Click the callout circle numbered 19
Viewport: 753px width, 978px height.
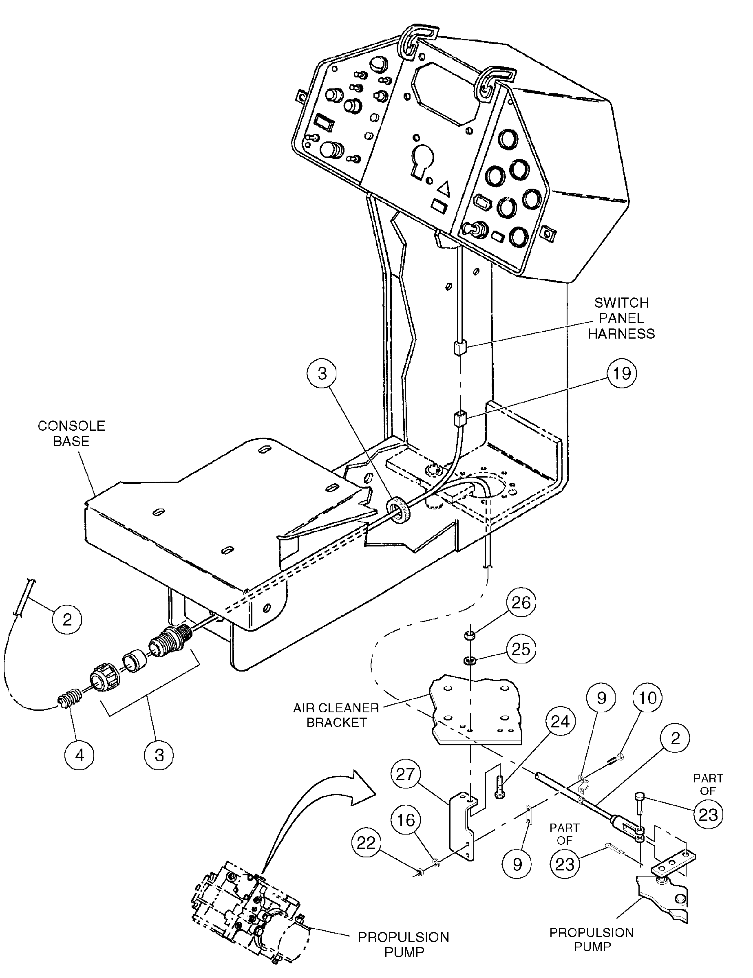click(621, 373)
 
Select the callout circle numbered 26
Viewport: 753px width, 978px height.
click(521, 603)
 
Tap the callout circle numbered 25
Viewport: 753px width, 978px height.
click(521, 649)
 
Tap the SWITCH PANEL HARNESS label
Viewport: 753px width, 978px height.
click(621, 318)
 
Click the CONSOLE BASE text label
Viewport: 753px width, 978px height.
click(71, 433)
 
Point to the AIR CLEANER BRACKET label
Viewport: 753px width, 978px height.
click(336, 715)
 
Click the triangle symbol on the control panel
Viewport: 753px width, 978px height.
click(443, 189)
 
